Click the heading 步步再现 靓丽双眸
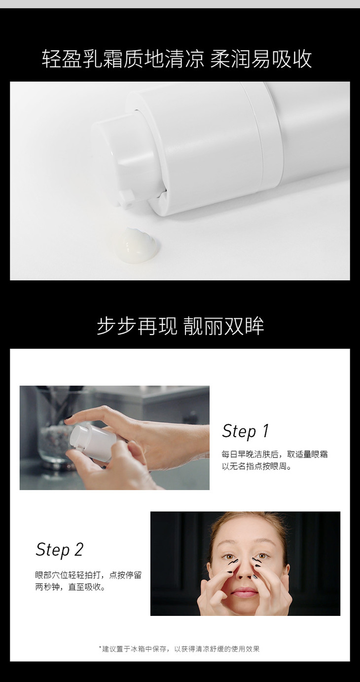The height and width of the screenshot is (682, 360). tap(180, 326)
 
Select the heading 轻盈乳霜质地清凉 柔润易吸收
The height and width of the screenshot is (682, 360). tap(177, 59)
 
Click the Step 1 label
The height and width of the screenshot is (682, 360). tap(245, 431)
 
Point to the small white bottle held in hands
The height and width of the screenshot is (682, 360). tap(93, 443)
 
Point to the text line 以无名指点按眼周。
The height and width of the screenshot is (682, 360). tap(256, 466)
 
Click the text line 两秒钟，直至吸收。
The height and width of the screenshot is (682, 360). tap(71, 587)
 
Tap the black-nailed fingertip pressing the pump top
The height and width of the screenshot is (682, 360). tap(69, 420)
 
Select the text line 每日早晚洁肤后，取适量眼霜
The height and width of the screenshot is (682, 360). tap(275, 455)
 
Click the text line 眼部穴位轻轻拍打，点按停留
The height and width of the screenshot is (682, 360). tap(89, 575)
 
